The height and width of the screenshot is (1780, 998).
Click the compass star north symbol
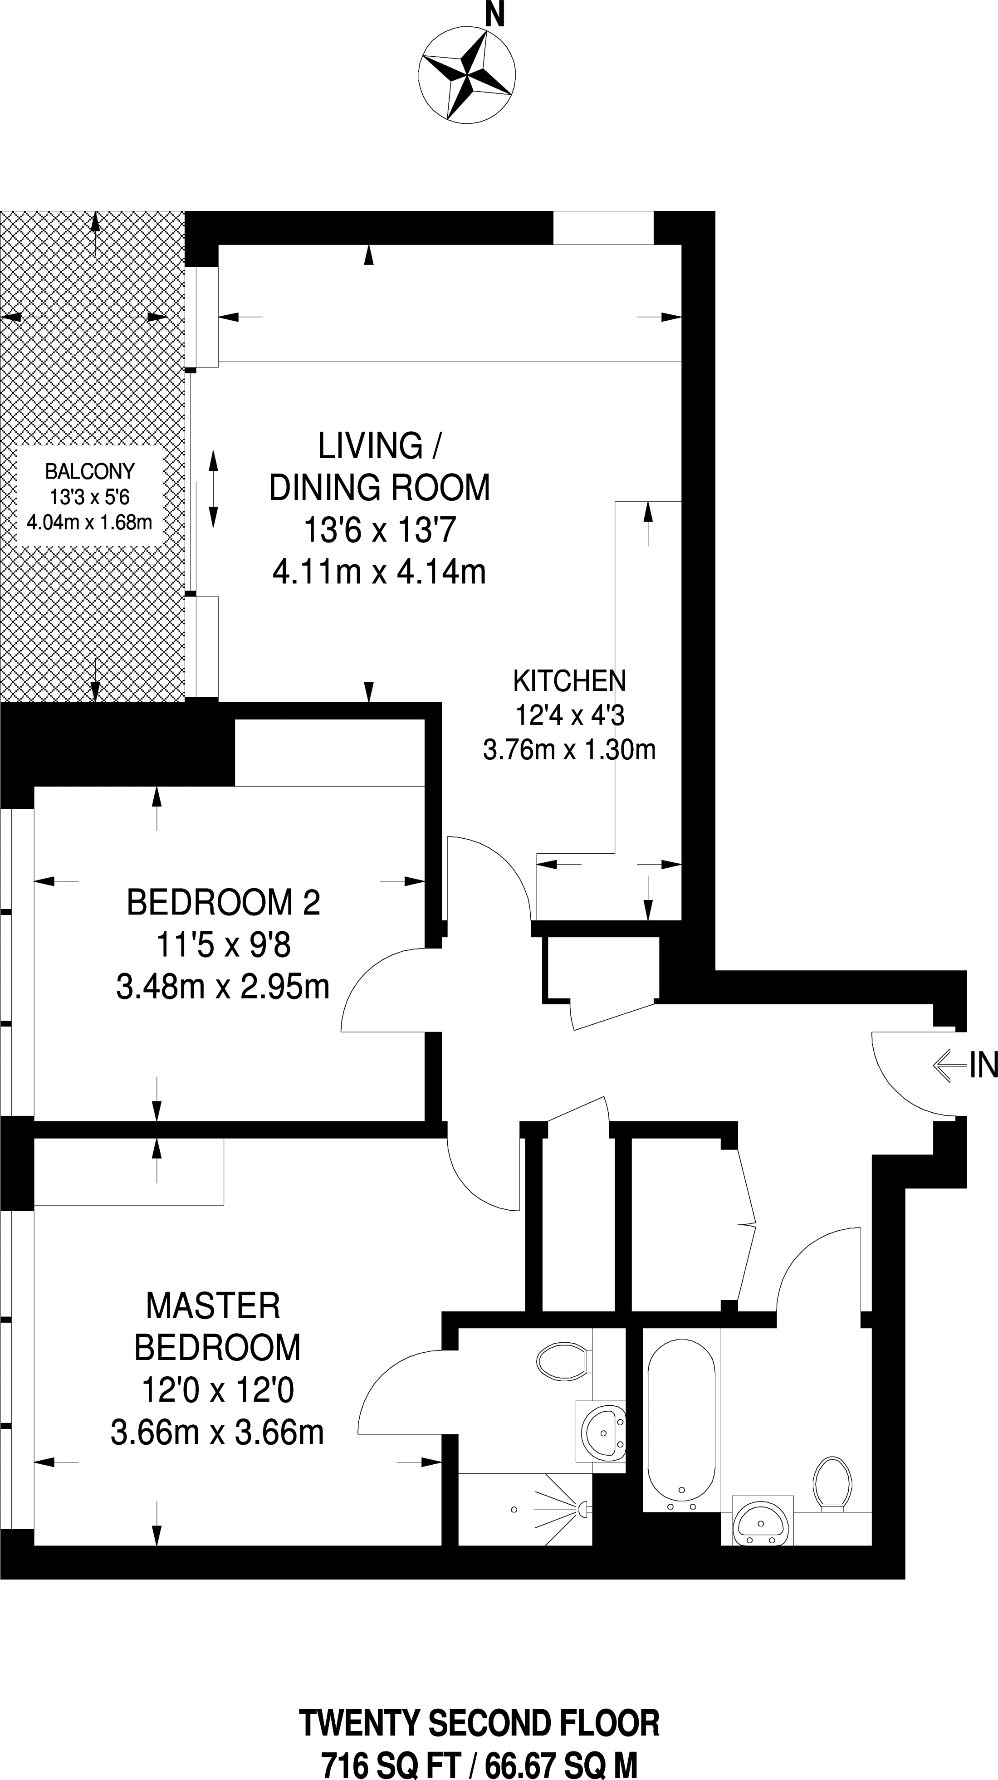click(466, 76)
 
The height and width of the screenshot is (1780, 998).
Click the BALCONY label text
click(90, 471)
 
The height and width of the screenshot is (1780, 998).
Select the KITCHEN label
click(569, 681)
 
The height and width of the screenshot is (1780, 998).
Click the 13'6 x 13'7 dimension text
click(379, 531)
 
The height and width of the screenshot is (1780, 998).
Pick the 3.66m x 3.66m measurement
click(217, 1433)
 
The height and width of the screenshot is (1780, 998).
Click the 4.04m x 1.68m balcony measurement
click(89, 522)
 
